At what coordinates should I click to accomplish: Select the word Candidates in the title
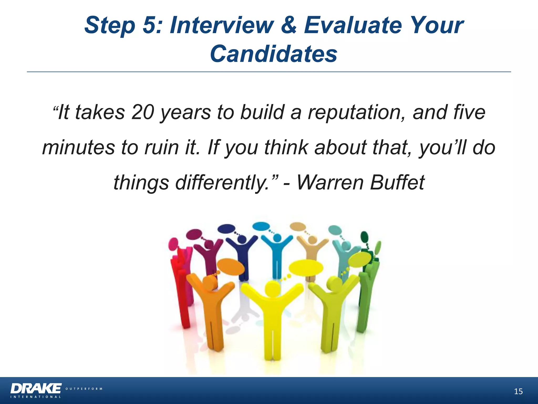pos(273,54)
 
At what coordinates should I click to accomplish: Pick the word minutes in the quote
pos(79,147)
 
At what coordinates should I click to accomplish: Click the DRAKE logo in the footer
pos(36,388)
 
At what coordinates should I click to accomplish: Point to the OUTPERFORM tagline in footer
pos(84,389)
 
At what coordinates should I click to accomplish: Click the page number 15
pos(518,392)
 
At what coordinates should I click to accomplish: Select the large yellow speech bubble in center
pos(306,268)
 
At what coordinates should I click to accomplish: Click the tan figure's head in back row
pos(312,240)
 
